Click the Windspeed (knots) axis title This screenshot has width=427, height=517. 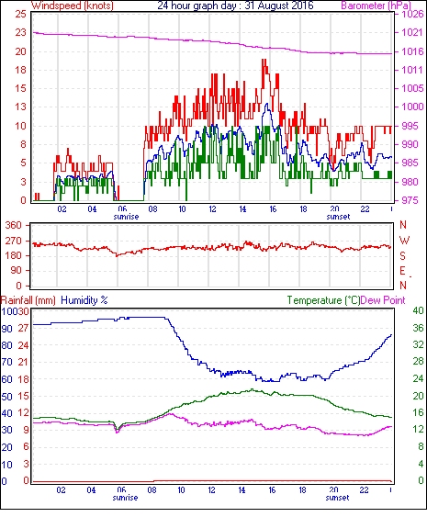(72, 6)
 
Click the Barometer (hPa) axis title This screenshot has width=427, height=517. (376, 6)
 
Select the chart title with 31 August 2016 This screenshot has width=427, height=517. (235, 6)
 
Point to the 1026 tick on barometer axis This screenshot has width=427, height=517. (412, 14)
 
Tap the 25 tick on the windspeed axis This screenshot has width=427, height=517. (20, 14)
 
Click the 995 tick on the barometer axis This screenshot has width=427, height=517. (412, 126)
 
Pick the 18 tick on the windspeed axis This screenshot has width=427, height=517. (20, 70)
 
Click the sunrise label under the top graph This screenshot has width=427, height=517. (126, 217)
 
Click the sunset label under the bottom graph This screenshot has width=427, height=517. (338, 498)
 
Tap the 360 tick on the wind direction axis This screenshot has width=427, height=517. (14, 226)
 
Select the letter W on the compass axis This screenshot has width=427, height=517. (404, 241)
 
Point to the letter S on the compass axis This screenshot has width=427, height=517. (402, 256)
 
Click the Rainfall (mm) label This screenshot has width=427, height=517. (28, 300)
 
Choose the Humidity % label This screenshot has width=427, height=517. (84, 300)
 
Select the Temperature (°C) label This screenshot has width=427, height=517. (323, 300)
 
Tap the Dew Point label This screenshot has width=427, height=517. (383, 300)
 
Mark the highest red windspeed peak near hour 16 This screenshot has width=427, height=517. (264, 60)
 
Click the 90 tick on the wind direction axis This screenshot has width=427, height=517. (16, 271)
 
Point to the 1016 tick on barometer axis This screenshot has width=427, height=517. (412, 51)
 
